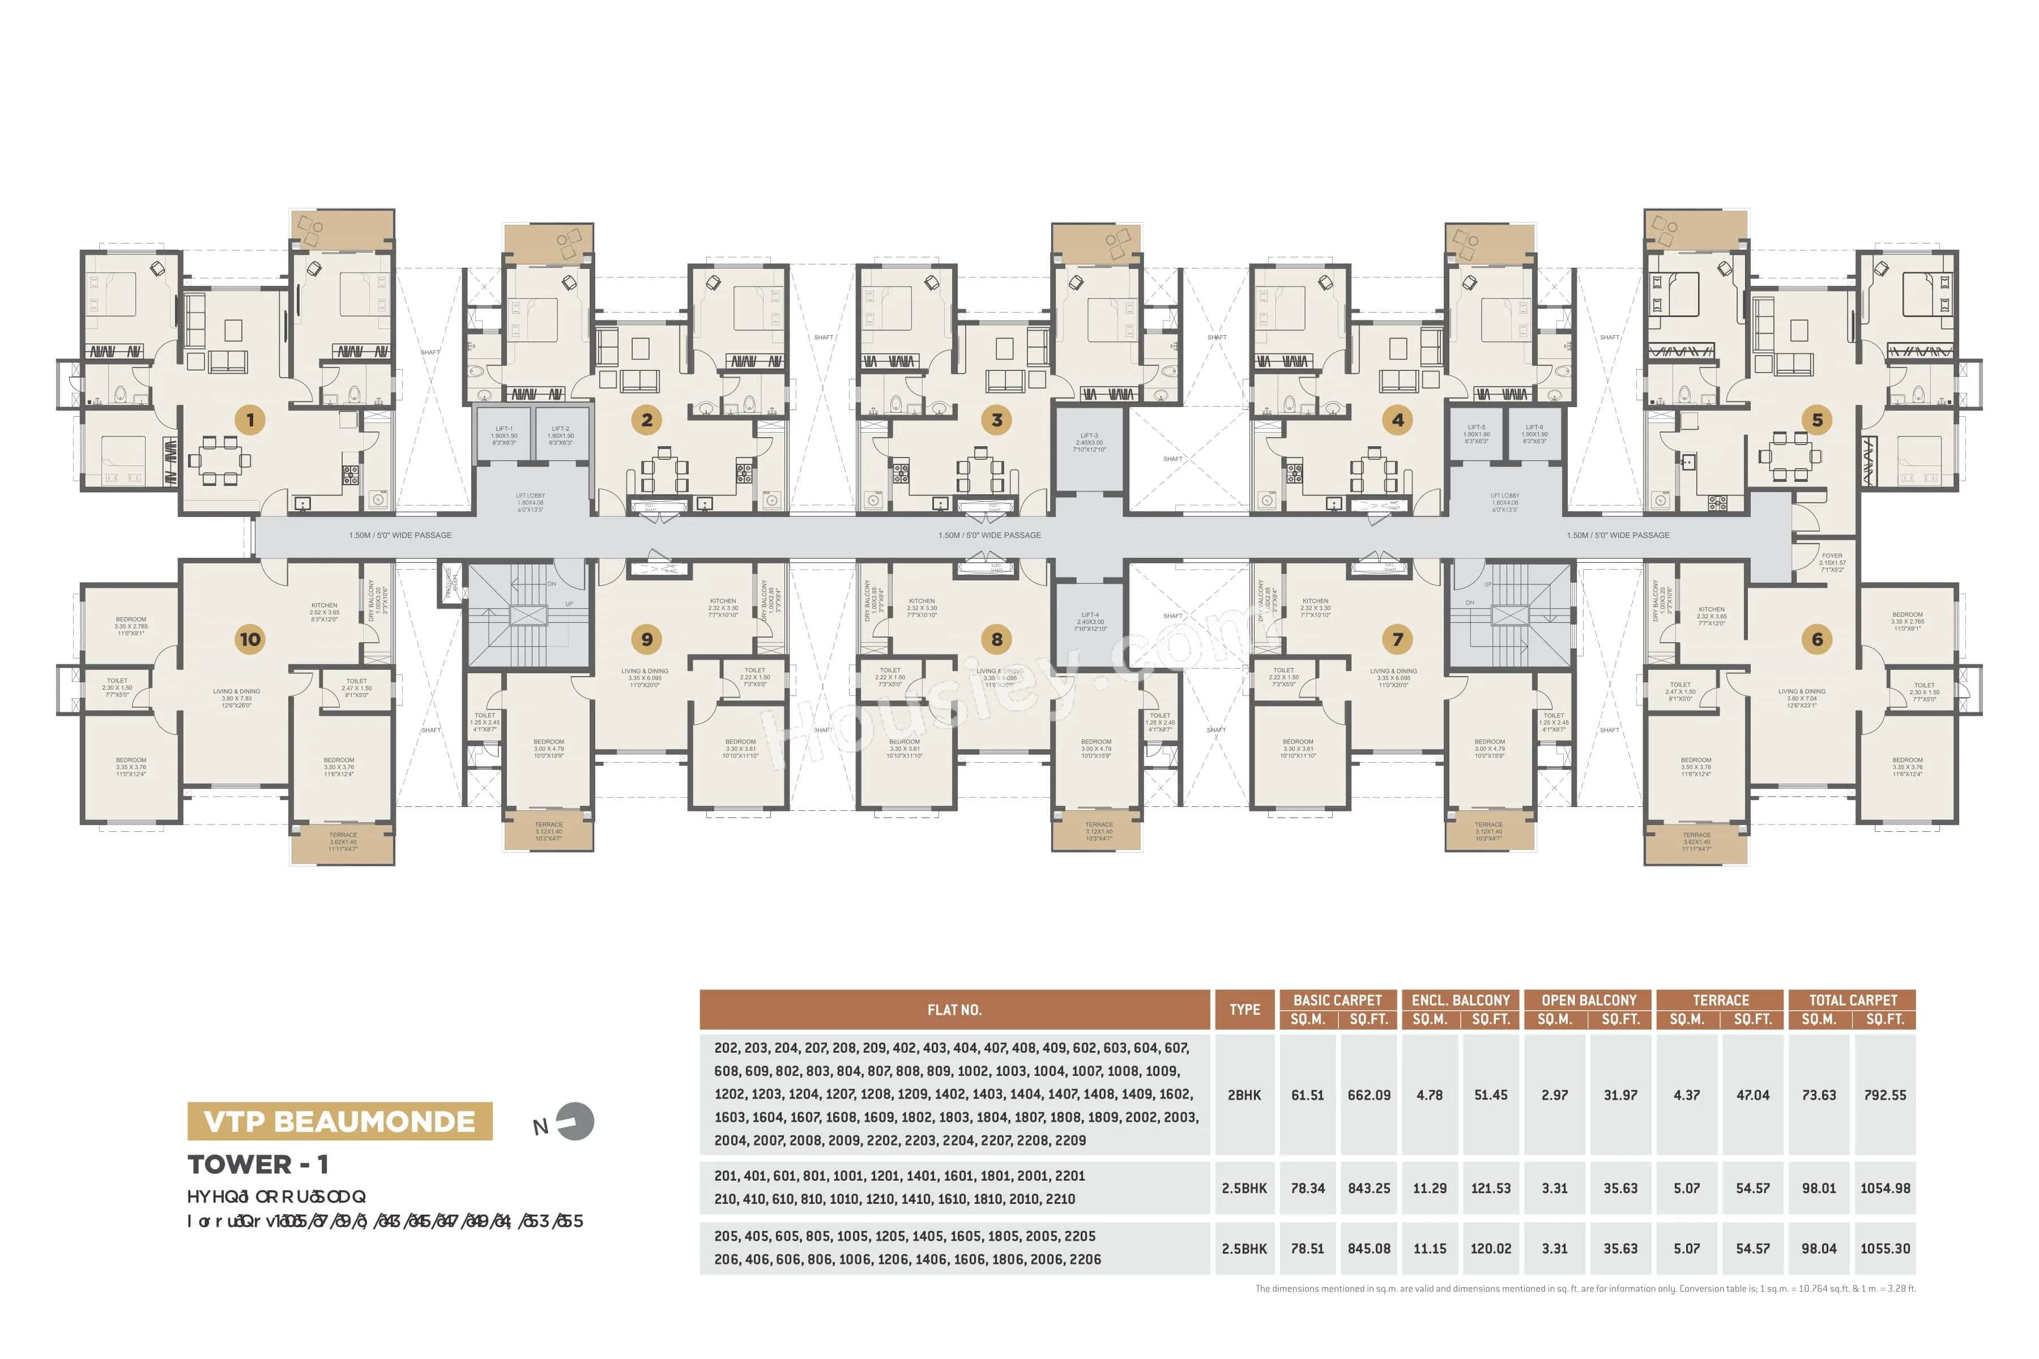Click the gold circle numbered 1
250,420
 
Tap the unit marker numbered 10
250,640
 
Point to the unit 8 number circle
996,640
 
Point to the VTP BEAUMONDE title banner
340,1122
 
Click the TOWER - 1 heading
258,1165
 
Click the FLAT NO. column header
954,1010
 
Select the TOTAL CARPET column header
1853,1000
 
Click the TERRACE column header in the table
1720,1000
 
